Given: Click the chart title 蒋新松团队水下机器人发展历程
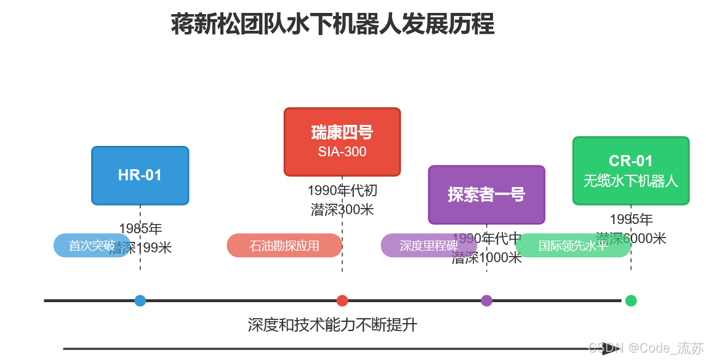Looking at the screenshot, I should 332,25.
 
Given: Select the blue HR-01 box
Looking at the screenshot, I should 140,175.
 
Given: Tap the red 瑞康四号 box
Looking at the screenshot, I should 342,142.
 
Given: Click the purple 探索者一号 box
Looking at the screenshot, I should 486,194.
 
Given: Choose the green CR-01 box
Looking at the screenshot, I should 630,170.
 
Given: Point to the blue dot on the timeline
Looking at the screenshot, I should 140,301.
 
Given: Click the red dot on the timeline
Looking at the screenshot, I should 342,301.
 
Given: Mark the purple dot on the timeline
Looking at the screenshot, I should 487,301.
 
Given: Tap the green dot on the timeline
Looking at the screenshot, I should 631,301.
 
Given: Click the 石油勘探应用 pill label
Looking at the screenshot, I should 284,246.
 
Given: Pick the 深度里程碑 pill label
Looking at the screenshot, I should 428,246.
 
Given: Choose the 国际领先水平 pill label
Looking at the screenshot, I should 573,246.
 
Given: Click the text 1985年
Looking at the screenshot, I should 140,229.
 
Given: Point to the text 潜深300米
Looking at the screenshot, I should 342,209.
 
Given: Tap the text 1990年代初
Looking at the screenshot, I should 342,191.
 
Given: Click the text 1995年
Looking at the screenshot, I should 631,219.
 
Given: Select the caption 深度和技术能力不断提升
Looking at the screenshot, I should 332,325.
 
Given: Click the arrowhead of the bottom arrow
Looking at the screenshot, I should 609,349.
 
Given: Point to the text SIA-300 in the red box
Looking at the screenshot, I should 342,151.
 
